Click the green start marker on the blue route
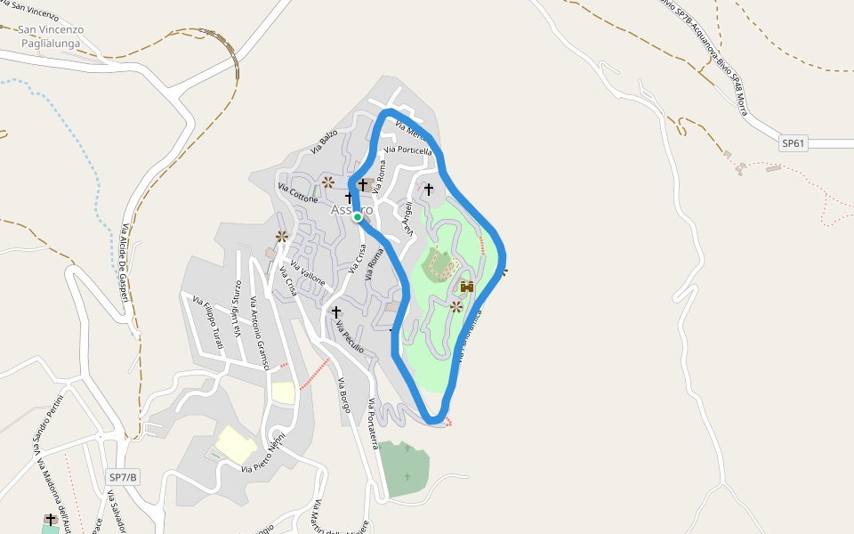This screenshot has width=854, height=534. click(x=357, y=216)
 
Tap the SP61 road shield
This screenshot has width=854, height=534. click(x=794, y=143)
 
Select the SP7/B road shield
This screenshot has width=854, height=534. click(x=123, y=477)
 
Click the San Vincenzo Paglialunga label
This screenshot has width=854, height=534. click(x=52, y=36)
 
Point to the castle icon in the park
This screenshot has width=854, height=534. click(x=467, y=287)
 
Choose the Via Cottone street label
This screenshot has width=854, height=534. click(x=298, y=194)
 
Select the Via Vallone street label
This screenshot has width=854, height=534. click(x=308, y=275)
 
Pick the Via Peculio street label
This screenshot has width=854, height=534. click(x=350, y=337)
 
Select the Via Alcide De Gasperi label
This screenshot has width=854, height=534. click(x=125, y=265)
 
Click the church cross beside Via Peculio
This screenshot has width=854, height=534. click(x=336, y=312)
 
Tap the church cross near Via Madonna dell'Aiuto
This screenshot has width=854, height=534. click(x=51, y=520)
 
